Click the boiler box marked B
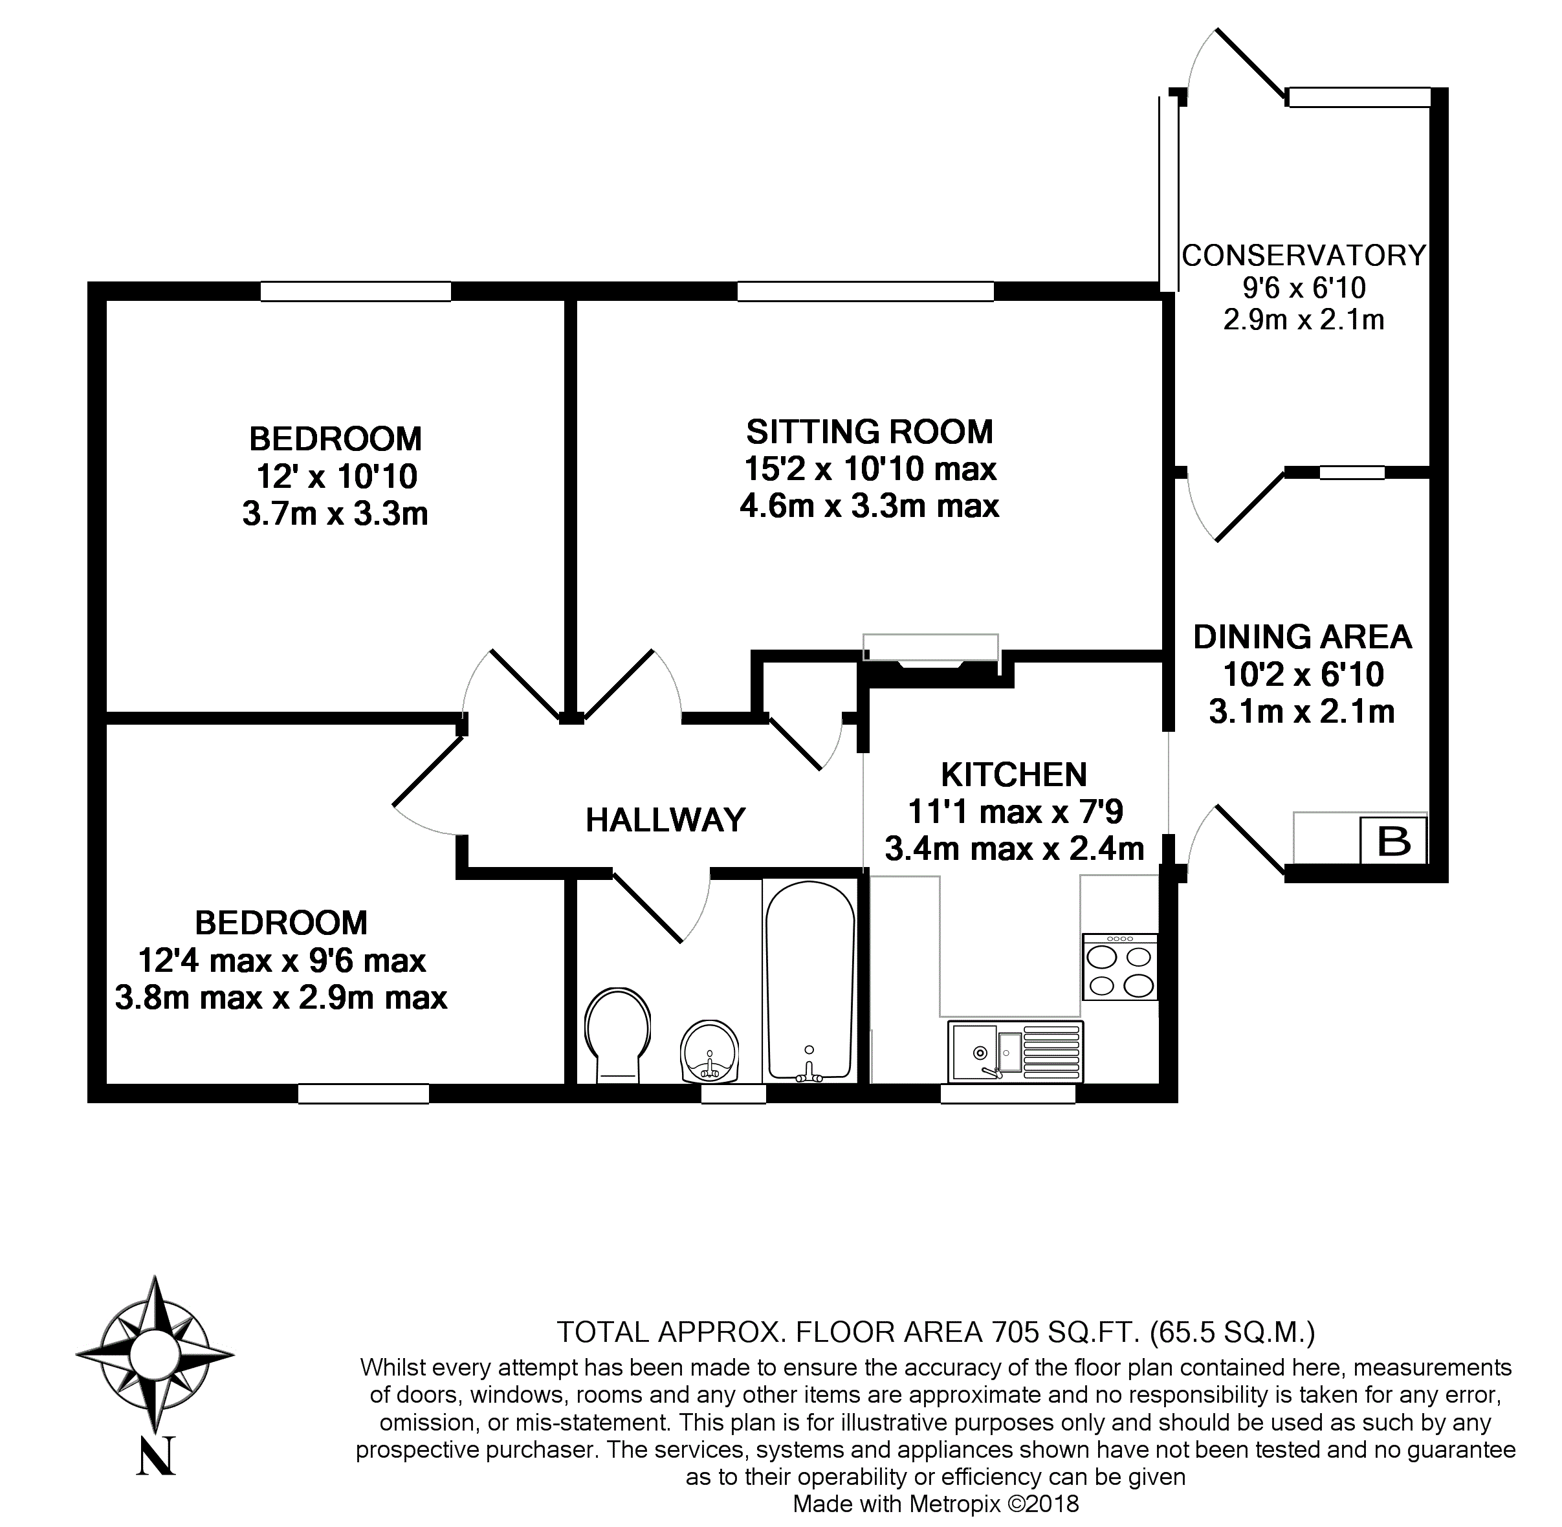point(1394,840)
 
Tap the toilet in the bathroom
point(617,1034)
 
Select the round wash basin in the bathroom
point(710,1051)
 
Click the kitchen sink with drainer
point(1015,1051)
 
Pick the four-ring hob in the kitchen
point(1119,967)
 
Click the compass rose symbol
point(155,1355)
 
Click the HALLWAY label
point(666,820)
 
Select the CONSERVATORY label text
point(1304,255)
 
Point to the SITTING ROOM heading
point(869,432)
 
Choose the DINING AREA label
point(1302,637)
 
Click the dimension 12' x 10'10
point(336,476)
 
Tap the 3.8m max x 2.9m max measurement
point(281,998)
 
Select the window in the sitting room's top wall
point(865,291)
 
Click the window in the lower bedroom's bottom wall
point(363,1093)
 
